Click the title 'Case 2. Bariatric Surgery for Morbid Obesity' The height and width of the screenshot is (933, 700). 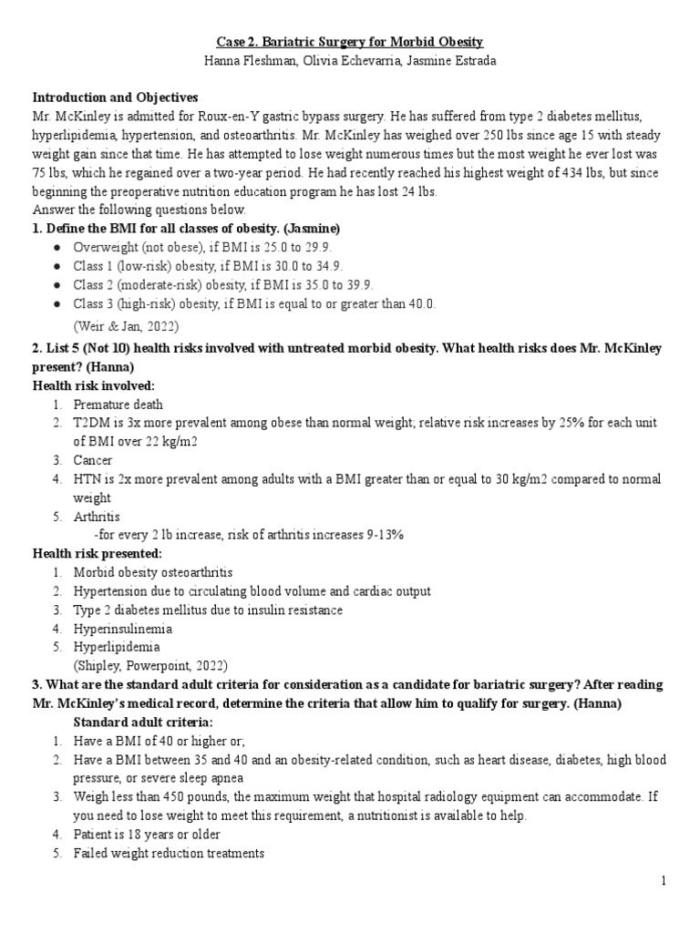350,42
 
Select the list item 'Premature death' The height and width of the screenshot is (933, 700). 118,405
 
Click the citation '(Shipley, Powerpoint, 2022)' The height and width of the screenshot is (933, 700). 151,665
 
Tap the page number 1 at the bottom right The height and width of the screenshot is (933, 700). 664,881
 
